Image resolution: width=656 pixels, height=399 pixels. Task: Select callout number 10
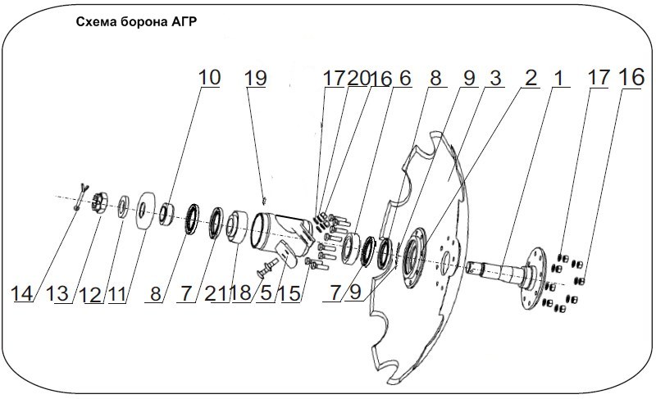pos(209,78)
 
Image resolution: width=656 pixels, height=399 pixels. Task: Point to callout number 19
pos(256,78)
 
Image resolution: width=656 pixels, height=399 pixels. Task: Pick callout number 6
pos(403,78)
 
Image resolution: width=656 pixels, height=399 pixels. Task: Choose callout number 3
pos(494,78)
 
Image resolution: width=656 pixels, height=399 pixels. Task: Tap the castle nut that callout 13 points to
pos(98,201)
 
